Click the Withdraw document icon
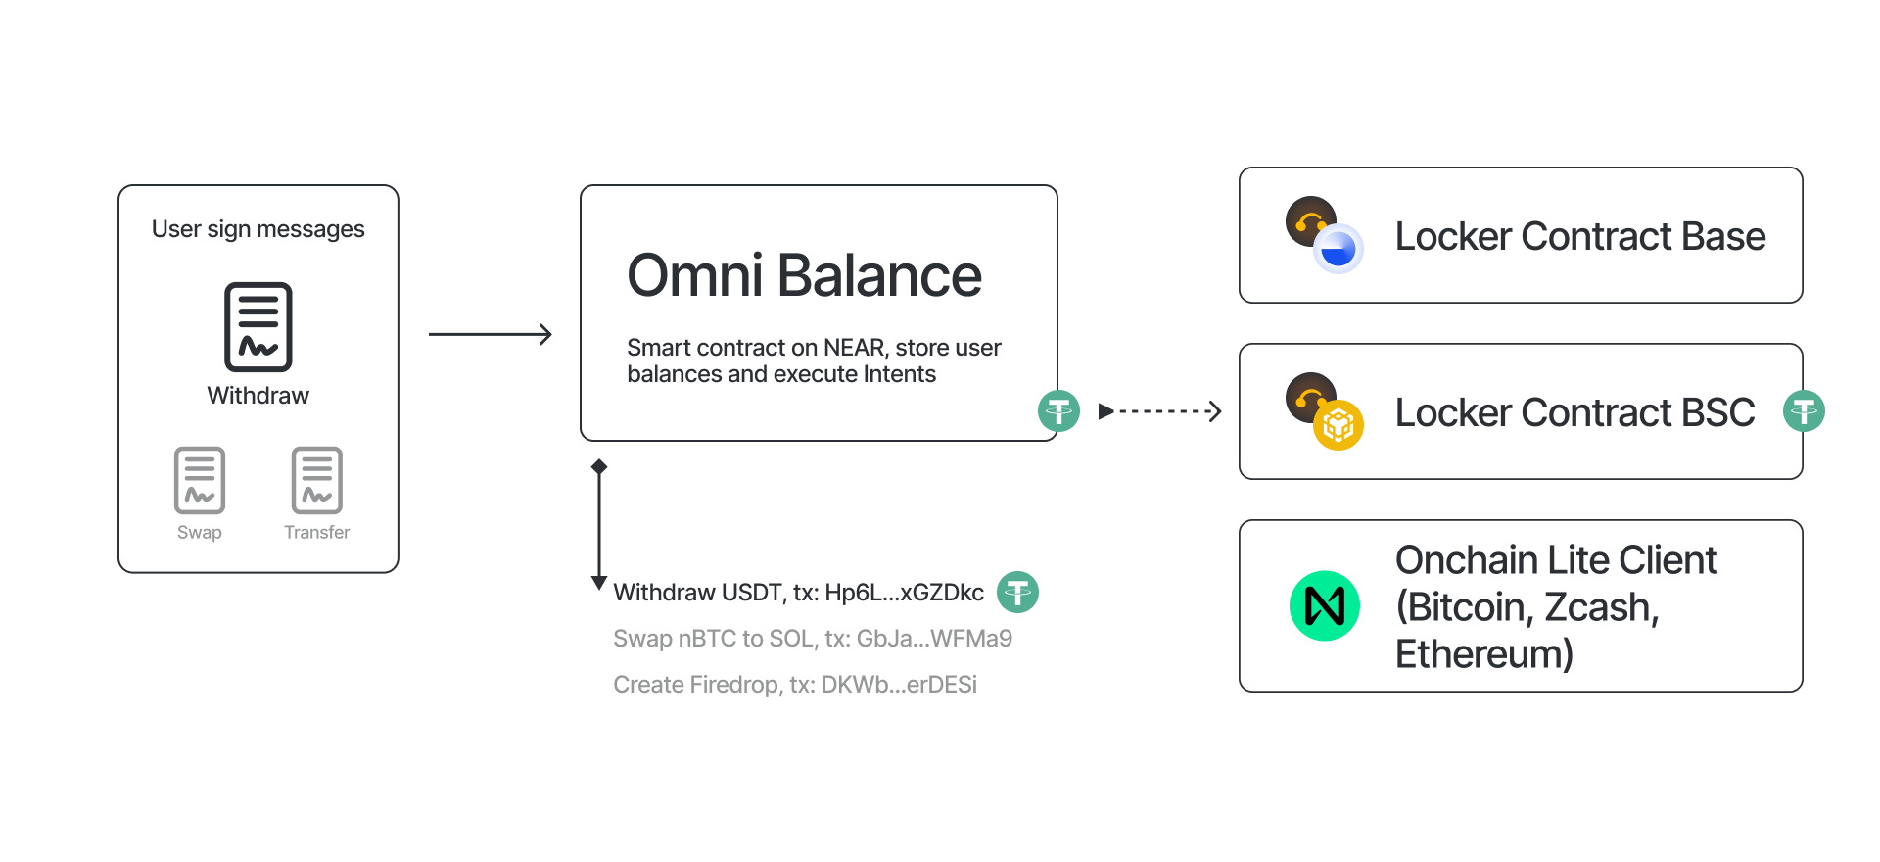click(258, 327)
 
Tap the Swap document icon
click(200, 480)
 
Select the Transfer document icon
click(317, 480)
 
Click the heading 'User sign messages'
click(258, 229)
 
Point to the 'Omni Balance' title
click(804, 275)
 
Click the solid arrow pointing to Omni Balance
click(491, 334)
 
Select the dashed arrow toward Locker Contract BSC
click(1160, 411)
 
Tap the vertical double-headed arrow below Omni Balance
click(599, 524)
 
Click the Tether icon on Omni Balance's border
click(1058, 410)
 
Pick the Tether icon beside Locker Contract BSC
click(1804, 410)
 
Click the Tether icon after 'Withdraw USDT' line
click(1017, 592)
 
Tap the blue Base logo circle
click(1339, 249)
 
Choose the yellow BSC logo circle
click(1339, 425)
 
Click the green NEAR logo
click(1325, 605)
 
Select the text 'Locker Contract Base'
click(1580, 236)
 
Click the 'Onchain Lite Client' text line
click(1556, 560)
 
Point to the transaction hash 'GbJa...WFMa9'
click(934, 639)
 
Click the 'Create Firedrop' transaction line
click(795, 685)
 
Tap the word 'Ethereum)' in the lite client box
click(1484, 653)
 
